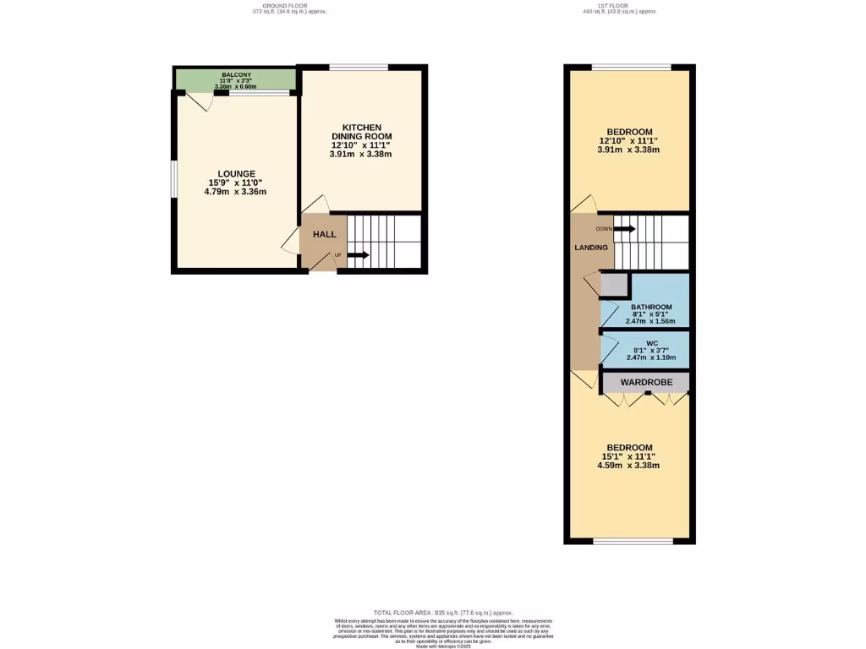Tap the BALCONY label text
236,74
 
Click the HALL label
325,235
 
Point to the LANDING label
591,248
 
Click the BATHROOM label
651,307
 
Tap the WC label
651,343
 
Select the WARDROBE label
646,383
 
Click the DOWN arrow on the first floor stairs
624,229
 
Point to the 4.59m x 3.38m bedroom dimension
630,466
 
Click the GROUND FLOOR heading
288,6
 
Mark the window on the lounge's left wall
173,179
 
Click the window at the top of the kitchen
359,68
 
